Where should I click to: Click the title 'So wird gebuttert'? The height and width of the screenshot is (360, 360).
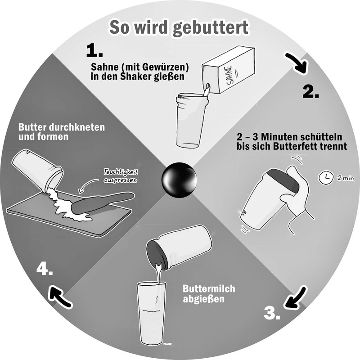(178, 28)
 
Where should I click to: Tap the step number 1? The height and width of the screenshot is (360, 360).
(94, 50)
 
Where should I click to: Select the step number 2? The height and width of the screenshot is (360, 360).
(310, 91)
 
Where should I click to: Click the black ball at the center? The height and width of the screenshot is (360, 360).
(180, 180)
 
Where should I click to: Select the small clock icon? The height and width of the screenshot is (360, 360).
(323, 178)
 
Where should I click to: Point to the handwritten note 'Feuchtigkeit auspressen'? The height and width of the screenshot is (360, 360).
(120, 175)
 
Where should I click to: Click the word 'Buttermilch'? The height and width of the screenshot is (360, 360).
(202, 288)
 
